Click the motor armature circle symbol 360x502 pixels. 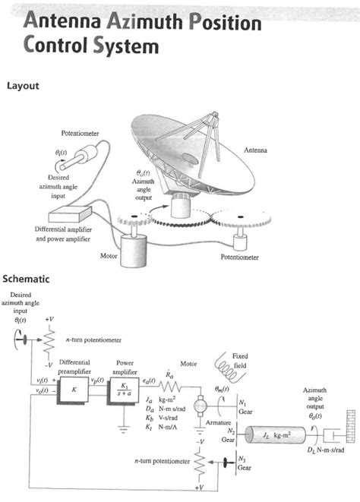click(201, 407)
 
